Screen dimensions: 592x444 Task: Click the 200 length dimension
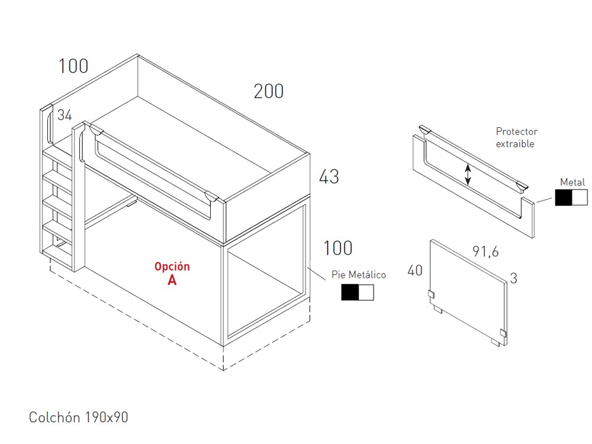pos(268,91)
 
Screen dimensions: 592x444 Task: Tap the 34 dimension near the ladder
pos(65,115)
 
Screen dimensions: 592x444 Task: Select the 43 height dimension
pos(329,176)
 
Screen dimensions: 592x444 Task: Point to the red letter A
pos(172,280)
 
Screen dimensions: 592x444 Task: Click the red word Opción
pos(172,266)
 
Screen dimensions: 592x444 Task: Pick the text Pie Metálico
pos(359,275)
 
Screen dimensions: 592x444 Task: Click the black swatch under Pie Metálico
pos(350,292)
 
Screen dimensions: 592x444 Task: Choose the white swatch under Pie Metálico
pos(366,292)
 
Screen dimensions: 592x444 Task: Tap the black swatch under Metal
pos(564,197)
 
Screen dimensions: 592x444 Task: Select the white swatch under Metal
pos(580,197)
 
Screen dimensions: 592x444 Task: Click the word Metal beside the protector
pos(572,182)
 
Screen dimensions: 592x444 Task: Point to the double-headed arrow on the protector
pos(468,175)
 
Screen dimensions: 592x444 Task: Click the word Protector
pos(516,131)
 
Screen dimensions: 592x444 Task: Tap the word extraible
pos(515,144)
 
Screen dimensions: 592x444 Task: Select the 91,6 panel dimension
pos(485,251)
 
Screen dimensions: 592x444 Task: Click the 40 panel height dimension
pos(415,271)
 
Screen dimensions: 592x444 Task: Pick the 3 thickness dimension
pos(513,279)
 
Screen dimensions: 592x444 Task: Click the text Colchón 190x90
pos(79,417)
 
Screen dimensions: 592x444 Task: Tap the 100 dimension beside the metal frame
pos(338,248)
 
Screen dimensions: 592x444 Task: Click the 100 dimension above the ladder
pos(73,66)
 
